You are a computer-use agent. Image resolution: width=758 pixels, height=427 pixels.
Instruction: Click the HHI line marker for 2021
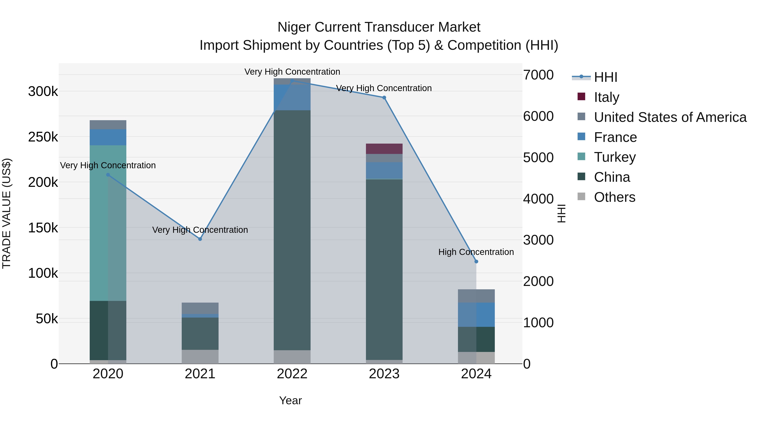pyautogui.click(x=200, y=239)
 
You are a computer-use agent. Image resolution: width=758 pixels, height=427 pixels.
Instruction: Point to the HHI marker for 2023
pyautogui.click(x=384, y=98)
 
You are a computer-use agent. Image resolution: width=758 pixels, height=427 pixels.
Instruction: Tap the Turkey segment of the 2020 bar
pyautogui.click(x=108, y=223)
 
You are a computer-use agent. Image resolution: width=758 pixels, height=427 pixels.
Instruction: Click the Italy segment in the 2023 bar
pyautogui.click(x=384, y=149)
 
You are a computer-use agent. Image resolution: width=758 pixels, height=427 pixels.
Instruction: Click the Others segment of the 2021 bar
pyautogui.click(x=200, y=357)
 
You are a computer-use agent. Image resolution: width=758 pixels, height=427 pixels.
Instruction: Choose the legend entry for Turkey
pyautogui.click(x=614, y=157)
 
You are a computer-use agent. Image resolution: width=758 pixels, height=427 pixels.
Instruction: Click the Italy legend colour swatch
pyautogui.click(x=581, y=97)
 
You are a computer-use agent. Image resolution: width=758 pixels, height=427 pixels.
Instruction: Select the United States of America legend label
pyautogui.click(x=670, y=117)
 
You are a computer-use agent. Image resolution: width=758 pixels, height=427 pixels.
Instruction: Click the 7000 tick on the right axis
pyautogui.click(x=538, y=75)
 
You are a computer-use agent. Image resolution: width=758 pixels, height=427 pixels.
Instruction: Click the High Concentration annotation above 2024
pyautogui.click(x=476, y=252)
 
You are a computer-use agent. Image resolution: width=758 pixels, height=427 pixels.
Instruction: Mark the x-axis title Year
pyautogui.click(x=290, y=400)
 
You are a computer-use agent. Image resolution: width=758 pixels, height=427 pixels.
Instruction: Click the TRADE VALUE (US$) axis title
pyautogui.click(x=7, y=213)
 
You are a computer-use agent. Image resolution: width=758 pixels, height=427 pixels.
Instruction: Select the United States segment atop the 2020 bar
pyautogui.click(x=108, y=125)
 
